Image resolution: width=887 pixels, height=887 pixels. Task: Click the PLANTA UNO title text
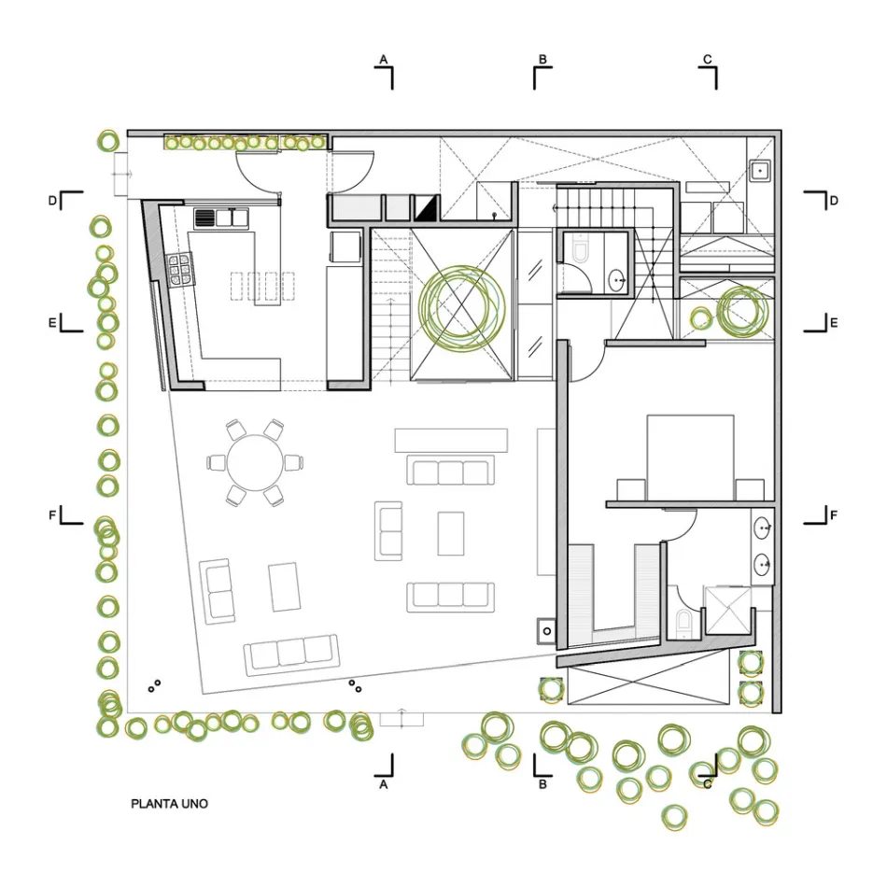[x=169, y=803]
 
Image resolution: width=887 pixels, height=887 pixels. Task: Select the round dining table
[x=255, y=463]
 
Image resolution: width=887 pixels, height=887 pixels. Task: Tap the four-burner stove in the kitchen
[x=178, y=270]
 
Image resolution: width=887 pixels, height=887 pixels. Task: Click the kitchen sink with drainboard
[x=221, y=218]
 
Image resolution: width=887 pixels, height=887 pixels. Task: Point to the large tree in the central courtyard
[x=461, y=306]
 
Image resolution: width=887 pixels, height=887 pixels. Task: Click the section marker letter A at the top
[x=384, y=60]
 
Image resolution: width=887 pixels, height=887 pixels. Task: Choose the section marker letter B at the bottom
[x=542, y=784]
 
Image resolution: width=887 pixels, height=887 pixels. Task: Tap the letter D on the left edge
[x=52, y=201]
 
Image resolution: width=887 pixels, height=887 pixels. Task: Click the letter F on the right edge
[x=833, y=515]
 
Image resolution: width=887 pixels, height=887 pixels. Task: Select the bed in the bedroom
[x=690, y=458]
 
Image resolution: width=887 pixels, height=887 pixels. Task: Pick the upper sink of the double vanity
[x=763, y=528]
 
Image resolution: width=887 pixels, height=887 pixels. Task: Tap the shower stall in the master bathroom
[x=728, y=611]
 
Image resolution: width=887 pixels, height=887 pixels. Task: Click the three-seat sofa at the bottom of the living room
[x=291, y=655]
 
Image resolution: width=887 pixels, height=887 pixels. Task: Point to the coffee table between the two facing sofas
[x=451, y=533]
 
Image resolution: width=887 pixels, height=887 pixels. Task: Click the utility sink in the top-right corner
[x=760, y=170]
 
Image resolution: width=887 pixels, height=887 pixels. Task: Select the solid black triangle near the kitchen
[x=427, y=208]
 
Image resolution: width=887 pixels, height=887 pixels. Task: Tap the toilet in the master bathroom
[x=683, y=621]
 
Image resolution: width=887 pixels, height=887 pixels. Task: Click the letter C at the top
[x=707, y=60]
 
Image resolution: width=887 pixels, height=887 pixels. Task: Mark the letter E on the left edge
[x=52, y=323]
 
